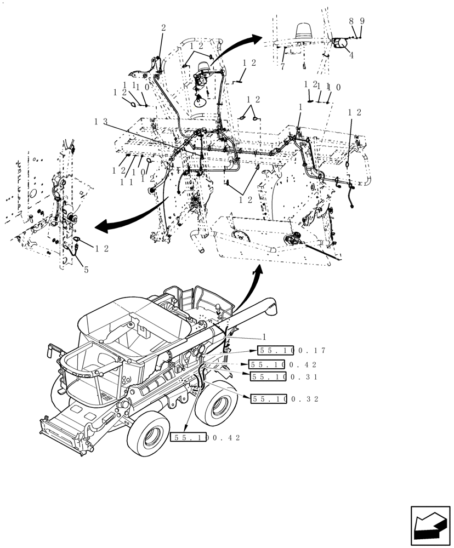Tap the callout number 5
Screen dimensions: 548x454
coord(86,270)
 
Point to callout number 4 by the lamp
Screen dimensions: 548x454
coord(350,55)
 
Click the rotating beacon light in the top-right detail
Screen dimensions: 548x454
coord(303,32)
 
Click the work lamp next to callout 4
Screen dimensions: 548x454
coord(340,44)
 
